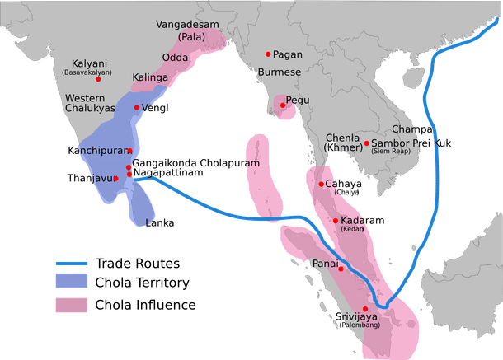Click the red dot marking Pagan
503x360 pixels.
tap(268, 54)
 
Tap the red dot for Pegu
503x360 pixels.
tap(283, 105)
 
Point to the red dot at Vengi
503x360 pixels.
tap(136, 108)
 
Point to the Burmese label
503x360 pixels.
tap(279, 72)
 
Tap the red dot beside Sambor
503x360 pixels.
tap(365, 143)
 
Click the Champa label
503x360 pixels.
tap(412, 129)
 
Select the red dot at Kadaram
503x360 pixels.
tap(334, 221)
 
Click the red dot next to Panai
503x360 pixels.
tap(340, 268)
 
